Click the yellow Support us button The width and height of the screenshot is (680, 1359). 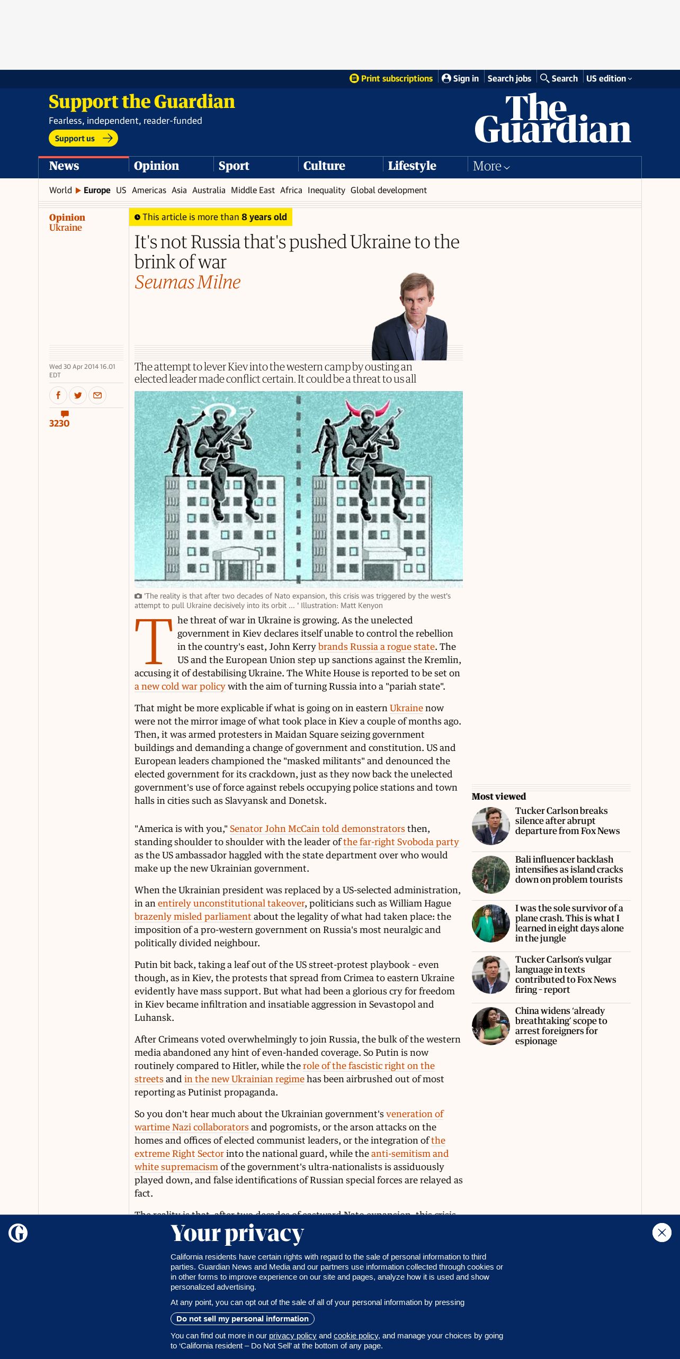coord(83,138)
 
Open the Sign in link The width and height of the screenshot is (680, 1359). coord(460,78)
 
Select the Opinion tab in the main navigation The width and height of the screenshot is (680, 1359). coord(156,166)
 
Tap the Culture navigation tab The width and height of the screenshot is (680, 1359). coord(324,166)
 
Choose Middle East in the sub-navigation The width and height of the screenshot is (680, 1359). coord(253,190)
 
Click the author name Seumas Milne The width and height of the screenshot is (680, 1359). coord(187,282)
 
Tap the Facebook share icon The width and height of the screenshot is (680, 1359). coord(58,395)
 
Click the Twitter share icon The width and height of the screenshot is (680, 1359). coord(78,395)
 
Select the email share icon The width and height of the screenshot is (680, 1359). coord(97,395)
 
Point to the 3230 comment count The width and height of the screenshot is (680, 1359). coord(59,423)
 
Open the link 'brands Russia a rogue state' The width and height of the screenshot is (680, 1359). coord(376,647)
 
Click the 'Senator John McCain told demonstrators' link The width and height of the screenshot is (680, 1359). coord(317,829)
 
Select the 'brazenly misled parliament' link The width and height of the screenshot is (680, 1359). coord(193,917)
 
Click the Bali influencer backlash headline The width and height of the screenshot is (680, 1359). coord(569,869)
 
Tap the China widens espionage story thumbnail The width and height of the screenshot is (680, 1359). coord(490,1026)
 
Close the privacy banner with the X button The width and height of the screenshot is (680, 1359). coord(661,1233)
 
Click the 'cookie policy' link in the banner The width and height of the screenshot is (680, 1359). coord(356,1336)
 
